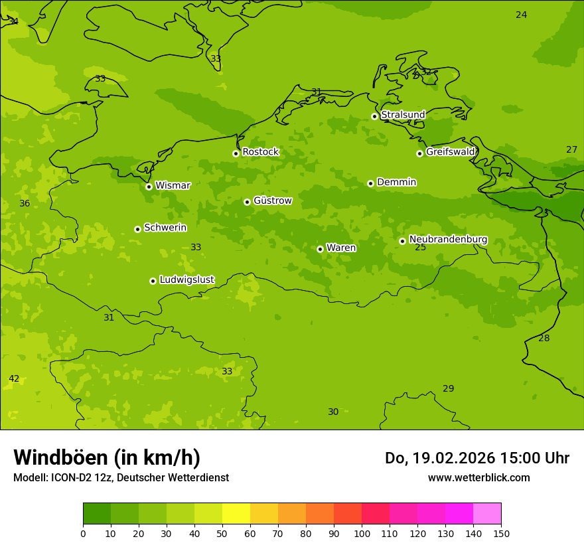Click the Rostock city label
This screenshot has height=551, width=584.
coord(260,152)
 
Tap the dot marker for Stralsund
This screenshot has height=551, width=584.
coord(374,116)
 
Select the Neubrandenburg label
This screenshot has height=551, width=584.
coord(448,240)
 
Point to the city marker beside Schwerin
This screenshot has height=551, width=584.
coord(137,229)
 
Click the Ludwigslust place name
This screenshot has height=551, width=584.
coord(186,280)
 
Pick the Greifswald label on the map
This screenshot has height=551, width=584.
coord(450,152)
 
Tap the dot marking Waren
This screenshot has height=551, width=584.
coord(320,249)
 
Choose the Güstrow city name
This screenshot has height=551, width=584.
coord(272,200)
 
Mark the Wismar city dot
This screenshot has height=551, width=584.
coord(149,187)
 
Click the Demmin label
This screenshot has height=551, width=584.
coord(396,182)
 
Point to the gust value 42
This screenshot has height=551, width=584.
coord(14,379)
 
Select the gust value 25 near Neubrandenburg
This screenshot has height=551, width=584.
coord(421,248)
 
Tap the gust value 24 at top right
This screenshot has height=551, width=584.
coord(522,15)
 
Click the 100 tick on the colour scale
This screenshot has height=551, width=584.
coord(362,532)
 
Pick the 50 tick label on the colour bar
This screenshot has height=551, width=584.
coord(222,532)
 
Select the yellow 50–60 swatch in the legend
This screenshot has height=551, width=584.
coord(236,514)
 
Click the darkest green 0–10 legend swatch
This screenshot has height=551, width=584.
coord(97,514)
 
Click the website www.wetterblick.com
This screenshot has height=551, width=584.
coord(478,478)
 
